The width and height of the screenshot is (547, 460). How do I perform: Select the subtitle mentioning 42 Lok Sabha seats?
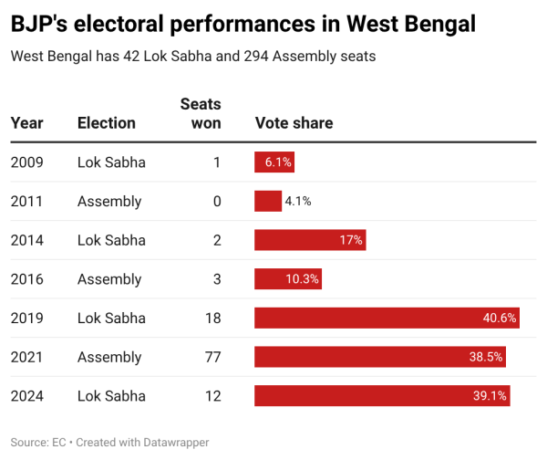[x=193, y=57]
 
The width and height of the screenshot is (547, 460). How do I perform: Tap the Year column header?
[x=26, y=123]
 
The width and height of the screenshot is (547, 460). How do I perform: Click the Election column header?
[x=106, y=123]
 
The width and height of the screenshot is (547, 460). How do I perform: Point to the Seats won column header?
[x=201, y=114]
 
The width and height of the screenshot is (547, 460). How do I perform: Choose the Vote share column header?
[x=294, y=123]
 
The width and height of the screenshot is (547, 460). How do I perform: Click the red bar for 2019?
[x=387, y=318]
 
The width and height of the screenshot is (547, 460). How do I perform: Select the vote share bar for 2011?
[x=267, y=201]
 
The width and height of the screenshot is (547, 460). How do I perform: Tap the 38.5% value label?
[x=486, y=357]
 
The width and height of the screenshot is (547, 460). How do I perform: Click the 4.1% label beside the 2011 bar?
[x=298, y=201]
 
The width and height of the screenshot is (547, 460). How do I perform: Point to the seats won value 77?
[x=212, y=357]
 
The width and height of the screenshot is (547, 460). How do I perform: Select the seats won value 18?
[x=212, y=318]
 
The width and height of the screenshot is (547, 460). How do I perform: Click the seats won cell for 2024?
[x=212, y=396]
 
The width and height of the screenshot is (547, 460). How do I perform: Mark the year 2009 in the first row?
[x=26, y=162]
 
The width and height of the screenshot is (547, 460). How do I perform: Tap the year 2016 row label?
[x=26, y=279]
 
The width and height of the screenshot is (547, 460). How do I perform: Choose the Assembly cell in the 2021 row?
[x=109, y=357]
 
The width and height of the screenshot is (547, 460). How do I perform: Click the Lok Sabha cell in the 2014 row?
[x=111, y=240]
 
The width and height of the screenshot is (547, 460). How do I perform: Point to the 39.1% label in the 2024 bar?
[x=490, y=396]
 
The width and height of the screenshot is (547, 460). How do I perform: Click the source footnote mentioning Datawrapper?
[x=109, y=442]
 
